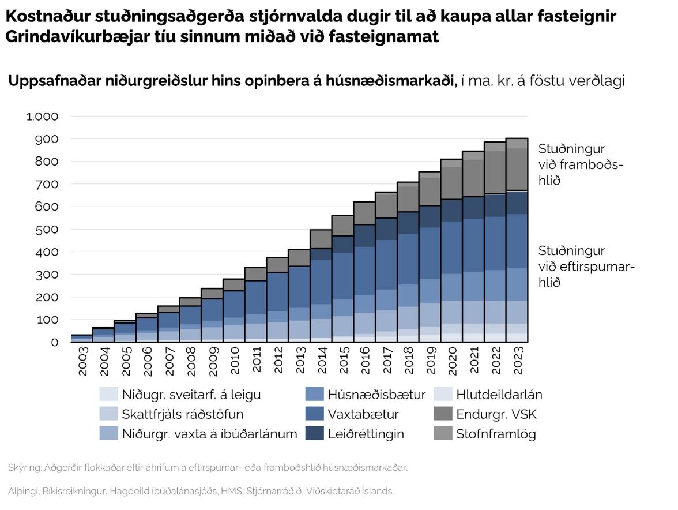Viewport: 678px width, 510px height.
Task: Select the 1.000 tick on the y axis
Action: [x=43, y=117]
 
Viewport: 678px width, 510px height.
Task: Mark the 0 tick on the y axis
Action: [x=55, y=342]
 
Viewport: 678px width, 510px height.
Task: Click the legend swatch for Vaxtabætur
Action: [x=314, y=414]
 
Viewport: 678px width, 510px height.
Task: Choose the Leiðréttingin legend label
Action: [x=366, y=434]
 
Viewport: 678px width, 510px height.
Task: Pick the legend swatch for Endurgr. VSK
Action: [x=442, y=414]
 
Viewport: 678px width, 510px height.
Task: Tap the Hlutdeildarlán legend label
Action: [x=499, y=395]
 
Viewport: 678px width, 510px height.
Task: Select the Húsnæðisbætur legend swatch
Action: [x=314, y=395]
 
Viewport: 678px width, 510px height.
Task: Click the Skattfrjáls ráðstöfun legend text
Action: [x=183, y=414]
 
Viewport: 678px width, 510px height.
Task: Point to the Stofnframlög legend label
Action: [x=496, y=434]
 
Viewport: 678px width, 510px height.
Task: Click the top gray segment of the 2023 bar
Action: [x=517, y=143]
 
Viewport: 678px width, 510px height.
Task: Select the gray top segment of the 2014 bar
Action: [x=322, y=239]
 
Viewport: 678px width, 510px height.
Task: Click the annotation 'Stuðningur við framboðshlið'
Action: [x=580, y=164]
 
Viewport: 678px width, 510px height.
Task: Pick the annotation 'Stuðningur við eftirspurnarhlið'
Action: [x=586, y=267]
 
